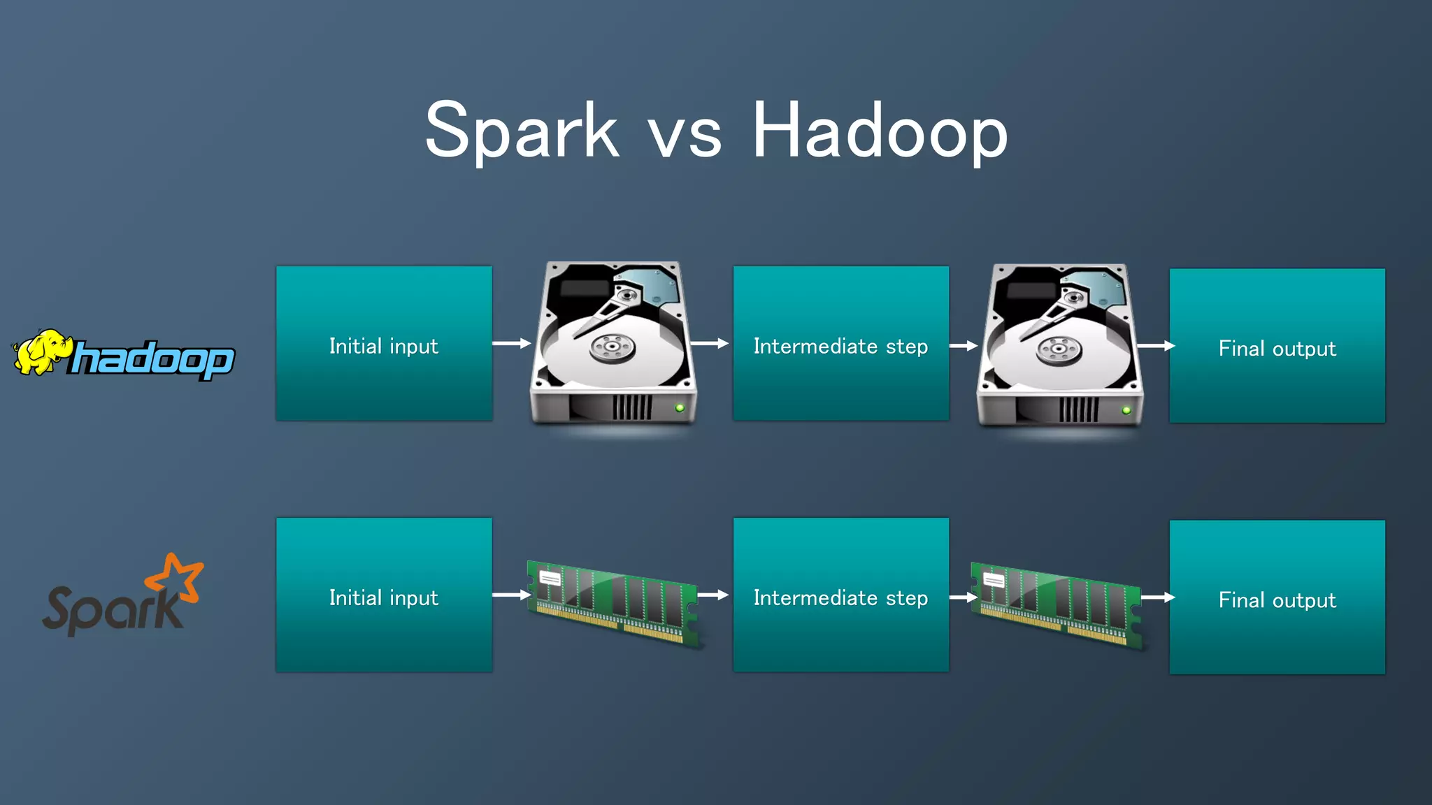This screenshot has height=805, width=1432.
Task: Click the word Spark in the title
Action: pos(522,131)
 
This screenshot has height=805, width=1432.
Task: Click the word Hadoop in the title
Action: pos(879,131)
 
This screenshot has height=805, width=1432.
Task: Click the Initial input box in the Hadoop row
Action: pos(384,343)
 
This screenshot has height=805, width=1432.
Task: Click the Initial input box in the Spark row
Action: pos(384,595)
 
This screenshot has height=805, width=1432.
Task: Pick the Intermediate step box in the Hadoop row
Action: pos(840,343)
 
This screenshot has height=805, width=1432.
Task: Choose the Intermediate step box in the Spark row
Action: pos(840,595)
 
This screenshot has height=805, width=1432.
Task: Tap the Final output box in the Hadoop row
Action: pos(1277,346)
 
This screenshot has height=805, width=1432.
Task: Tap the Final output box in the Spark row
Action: pos(1277,597)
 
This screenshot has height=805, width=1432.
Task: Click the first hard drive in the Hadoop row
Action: pos(613,342)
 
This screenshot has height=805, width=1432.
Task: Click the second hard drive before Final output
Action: pos(1059,345)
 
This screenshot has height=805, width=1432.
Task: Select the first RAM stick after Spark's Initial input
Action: pos(613,602)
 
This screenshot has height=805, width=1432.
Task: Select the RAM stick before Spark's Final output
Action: pos(1056,604)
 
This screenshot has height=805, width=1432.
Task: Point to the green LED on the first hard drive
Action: pos(680,407)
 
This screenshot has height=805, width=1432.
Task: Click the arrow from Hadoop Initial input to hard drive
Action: pos(511,343)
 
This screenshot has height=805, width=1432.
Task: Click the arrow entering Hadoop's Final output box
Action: pos(1155,346)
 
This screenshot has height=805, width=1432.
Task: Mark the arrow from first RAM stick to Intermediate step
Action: pos(713,595)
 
